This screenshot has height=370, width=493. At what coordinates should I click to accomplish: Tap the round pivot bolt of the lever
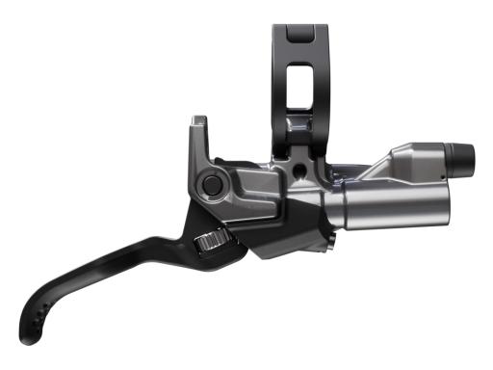pyautogui.click(x=211, y=183)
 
